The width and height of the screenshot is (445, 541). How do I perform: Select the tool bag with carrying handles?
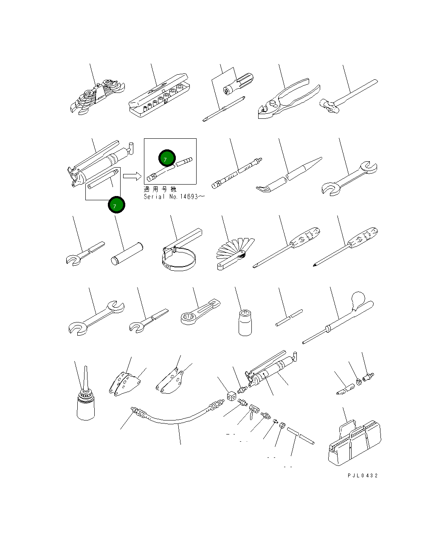pyautogui.click(x=355, y=441)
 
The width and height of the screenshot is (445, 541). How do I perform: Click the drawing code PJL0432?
pyautogui.click(x=362, y=476)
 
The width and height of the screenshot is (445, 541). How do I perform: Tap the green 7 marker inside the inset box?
pyautogui.click(x=166, y=158)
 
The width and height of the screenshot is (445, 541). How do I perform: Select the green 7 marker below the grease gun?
pyautogui.click(x=116, y=205)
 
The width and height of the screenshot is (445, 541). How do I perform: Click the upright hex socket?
pyautogui.click(x=245, y=322)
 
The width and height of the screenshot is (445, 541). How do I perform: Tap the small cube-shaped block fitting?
pyautogui.click(x=231, y=396)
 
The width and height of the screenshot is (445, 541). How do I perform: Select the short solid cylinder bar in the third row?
pyautogui.click(x=127, y=254)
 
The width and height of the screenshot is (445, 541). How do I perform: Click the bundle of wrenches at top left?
pyautogui.click(x=97, y=95)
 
